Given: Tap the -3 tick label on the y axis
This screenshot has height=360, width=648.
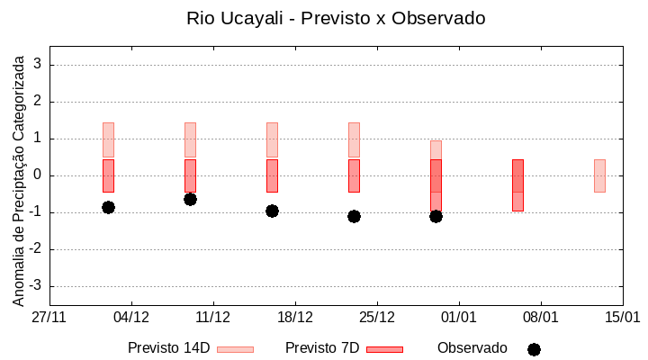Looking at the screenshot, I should tap(36, 286).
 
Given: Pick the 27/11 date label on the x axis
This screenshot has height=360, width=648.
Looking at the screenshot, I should tap(49, 318).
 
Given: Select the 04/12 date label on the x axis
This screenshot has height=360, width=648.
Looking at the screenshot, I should tap(131, 318).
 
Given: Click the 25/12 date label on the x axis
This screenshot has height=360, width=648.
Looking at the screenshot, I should tap(377, 318).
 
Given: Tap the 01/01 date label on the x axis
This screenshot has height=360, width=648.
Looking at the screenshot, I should tap(459, 318).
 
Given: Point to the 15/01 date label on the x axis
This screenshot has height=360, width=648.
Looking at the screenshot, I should tap(622, 318).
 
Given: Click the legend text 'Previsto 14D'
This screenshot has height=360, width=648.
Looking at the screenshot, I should tap(168, 348).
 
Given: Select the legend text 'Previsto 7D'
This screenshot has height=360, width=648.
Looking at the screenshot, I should tap(322, 348).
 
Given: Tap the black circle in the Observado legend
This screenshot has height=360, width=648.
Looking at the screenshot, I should tap(534, 349).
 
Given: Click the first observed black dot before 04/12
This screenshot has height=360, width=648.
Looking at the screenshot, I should tap(108, 207).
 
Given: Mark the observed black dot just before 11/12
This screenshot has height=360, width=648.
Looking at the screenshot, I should tap(190, 199).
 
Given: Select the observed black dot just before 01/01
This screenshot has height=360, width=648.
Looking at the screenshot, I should tap(436, 216).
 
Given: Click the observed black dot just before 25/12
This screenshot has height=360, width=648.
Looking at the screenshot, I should tap(354, 216).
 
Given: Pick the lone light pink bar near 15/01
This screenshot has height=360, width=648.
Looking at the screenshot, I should tap(599, 175).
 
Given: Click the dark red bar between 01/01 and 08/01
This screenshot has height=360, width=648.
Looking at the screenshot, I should tap(517, 184).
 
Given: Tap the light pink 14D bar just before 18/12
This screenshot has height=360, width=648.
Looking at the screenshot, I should tap(272, 139).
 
